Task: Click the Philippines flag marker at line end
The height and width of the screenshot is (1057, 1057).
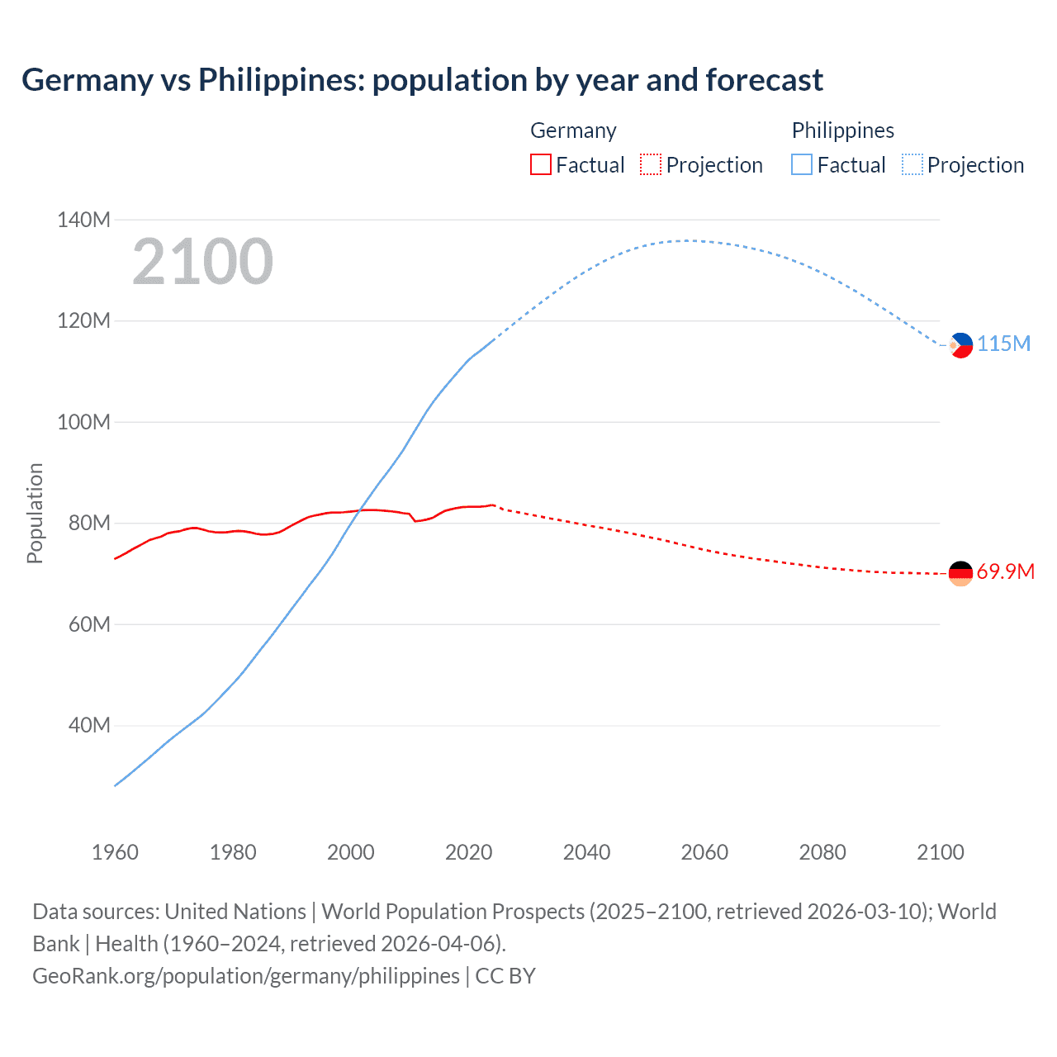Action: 961,345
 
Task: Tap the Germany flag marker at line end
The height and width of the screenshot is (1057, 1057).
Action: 960,573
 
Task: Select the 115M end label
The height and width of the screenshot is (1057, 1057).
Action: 1004,344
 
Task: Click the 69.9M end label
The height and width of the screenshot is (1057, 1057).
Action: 1005,571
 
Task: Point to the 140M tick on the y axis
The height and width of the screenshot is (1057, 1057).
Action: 83,220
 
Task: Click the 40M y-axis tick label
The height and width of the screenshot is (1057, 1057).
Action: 88,725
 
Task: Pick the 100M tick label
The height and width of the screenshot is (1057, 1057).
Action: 83,422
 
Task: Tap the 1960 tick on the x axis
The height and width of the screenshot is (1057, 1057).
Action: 115,852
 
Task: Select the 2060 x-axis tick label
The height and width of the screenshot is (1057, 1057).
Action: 704,852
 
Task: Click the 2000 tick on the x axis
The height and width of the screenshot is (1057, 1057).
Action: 351,852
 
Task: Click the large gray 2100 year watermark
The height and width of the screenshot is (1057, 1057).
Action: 202,262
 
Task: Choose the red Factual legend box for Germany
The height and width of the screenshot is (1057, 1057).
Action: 540,164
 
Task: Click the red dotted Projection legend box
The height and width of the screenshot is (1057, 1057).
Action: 651,164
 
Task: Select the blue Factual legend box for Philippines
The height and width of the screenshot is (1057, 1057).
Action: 802,164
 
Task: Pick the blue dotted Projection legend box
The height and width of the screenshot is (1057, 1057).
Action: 912,164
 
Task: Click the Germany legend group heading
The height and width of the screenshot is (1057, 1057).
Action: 573,130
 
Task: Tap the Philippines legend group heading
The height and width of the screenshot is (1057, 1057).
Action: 842,130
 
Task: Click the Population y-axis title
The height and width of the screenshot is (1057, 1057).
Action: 35,513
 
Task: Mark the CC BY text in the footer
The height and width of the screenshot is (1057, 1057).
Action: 505,976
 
